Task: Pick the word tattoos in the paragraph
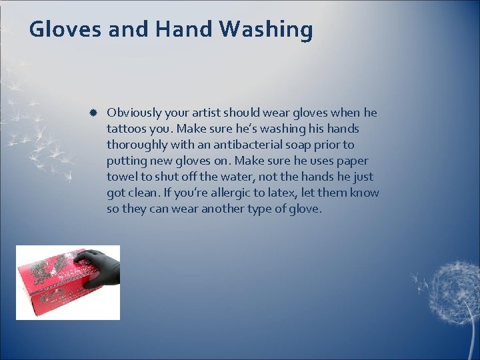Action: (126, 129)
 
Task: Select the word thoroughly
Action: (138, 145)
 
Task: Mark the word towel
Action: (121, 177)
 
